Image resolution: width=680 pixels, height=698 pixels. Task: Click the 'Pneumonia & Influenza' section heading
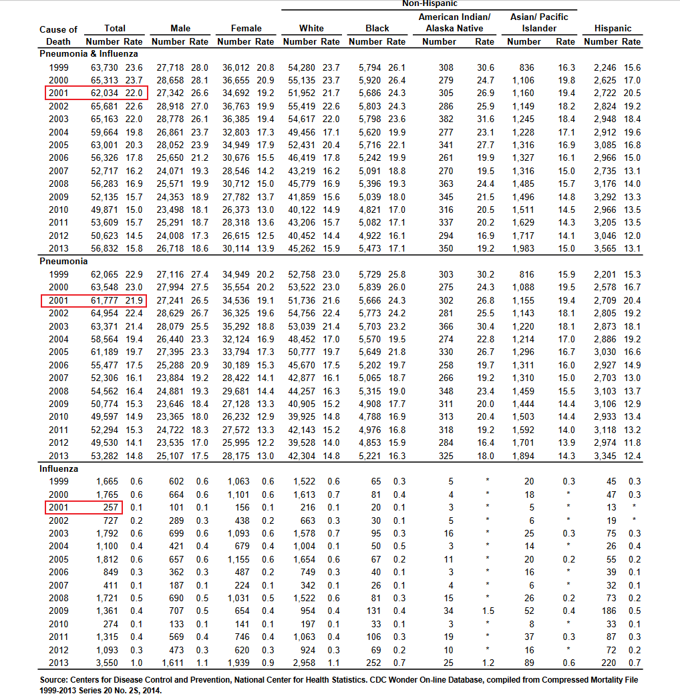(x=89, y=54)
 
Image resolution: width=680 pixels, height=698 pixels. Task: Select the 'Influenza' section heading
(x=59, y=468)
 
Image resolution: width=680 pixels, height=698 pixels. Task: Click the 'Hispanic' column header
(x=612, y=29)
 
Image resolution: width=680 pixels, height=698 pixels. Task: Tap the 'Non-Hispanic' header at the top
(x=430, y=4)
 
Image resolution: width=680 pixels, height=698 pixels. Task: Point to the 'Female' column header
(x=246, y=29)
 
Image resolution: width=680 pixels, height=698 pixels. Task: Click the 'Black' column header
(x=377, y=29)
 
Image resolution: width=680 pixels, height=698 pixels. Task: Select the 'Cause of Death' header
(x=58, y=35)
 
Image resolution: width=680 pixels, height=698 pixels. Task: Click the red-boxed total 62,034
(x=105, y=93)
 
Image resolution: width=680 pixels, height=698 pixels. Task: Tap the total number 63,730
(x=105, y=67)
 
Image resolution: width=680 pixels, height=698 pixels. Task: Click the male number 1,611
(x=170, y=663)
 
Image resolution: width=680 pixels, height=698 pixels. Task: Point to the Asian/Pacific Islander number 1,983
(x=524, y=249)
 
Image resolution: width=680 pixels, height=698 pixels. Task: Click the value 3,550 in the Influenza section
(x=107, y=663)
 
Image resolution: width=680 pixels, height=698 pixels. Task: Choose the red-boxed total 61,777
(x=105, y=301)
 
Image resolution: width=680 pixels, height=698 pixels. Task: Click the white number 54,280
(x=301, y=67)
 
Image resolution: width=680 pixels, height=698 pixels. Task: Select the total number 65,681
(x=105, y=106)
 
